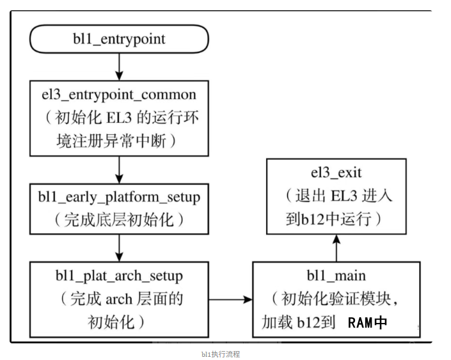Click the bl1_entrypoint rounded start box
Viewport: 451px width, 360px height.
[x=119, y=39]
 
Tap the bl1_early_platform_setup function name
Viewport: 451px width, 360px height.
[x=119, y=196]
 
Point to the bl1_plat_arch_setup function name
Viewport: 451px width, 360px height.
[x=119, y=276]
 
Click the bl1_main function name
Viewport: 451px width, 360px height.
[x=336, y=276]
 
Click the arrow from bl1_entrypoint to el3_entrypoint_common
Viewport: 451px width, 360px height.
[x=119, y=65]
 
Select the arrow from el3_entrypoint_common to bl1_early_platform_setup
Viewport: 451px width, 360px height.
[x=119, y=169]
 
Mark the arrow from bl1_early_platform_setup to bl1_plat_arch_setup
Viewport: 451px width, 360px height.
[x=119, y=246]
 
